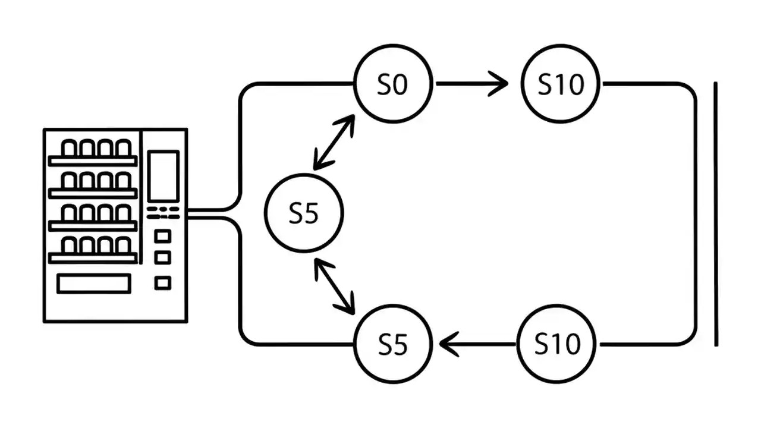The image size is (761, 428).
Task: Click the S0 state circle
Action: (392, 84)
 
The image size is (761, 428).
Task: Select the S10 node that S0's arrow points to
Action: (561, 84)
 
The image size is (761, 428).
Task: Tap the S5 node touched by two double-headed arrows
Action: (304, 213)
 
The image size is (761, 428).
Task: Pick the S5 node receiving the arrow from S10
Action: (392, 344)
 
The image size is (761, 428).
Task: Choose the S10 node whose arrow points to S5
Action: (557, 344)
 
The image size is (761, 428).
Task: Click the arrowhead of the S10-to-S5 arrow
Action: (447, 344)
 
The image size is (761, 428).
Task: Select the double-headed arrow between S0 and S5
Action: (334, 142)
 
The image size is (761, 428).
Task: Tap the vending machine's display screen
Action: (163, 176)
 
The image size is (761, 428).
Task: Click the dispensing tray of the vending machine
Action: (94, 284)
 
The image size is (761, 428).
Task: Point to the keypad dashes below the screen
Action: (163, 212)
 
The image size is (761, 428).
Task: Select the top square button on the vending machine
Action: (162, 237)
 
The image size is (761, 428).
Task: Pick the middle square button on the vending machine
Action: (162, 258)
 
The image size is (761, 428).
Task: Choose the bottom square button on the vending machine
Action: (162, 283)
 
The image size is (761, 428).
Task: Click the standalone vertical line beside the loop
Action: (715, 214)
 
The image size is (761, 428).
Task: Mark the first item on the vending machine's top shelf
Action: (70, 148)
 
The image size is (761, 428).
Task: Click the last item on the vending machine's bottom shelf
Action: (123, 245)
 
